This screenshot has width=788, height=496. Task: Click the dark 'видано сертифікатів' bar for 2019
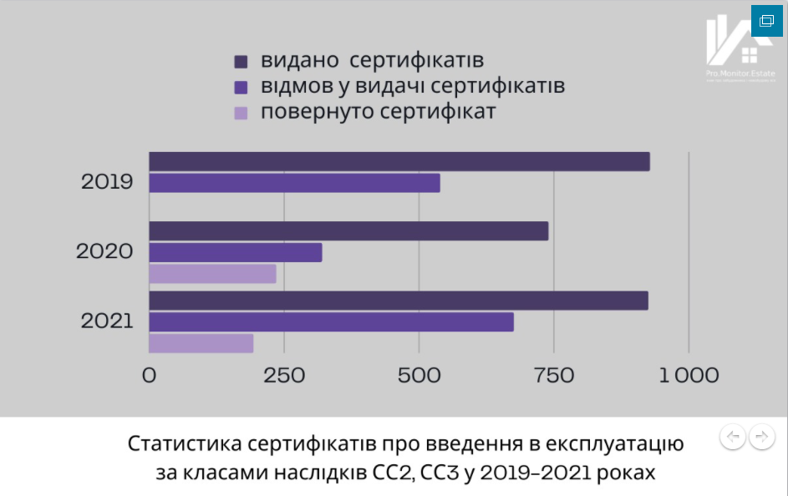(399, 162)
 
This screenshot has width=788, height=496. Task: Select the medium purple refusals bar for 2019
(294, 183)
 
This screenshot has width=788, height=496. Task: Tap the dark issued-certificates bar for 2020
(348, 231)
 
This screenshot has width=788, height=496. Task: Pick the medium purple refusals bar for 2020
(236, 252)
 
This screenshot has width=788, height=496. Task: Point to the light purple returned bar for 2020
(212, 274)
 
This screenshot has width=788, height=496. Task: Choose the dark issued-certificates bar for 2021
(399, 301)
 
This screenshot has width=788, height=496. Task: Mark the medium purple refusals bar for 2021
(331, 321)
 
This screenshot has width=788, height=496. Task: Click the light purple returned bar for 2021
(201, 343)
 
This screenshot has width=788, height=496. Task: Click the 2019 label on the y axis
(107, 181)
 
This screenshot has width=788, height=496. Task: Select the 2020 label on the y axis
(104, 251)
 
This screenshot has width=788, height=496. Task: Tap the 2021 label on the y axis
(107, 320)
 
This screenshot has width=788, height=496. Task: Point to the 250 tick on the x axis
(284, 375)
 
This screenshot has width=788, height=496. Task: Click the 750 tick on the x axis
(553, 375)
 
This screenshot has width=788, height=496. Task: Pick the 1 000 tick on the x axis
(689, 375)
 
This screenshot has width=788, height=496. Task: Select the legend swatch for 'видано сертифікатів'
(241, 62)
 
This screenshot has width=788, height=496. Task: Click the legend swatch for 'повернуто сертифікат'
(241, 113)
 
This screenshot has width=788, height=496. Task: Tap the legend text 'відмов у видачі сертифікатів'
(412, 86)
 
